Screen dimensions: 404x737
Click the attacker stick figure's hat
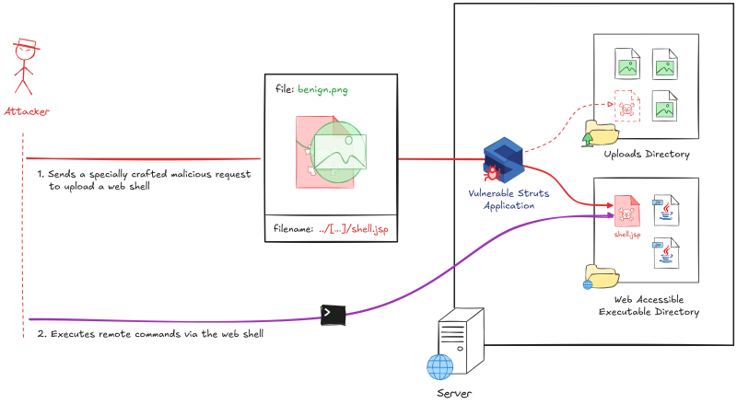pyautogui.click(x=27, y=44)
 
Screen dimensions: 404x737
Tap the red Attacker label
pyautogui.click(x=27, y=111)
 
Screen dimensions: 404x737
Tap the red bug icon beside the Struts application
pyautogui.click(x=493, y=170)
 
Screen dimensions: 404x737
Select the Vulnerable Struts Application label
pyautogui.click(x=503, y=199)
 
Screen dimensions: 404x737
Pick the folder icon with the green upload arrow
pyautogui.click(x=602, y=134)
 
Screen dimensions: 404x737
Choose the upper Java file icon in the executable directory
pyautogui.click(x=664, y=210)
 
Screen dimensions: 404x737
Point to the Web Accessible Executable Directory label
pyautogui.click(x=656, y=306)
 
